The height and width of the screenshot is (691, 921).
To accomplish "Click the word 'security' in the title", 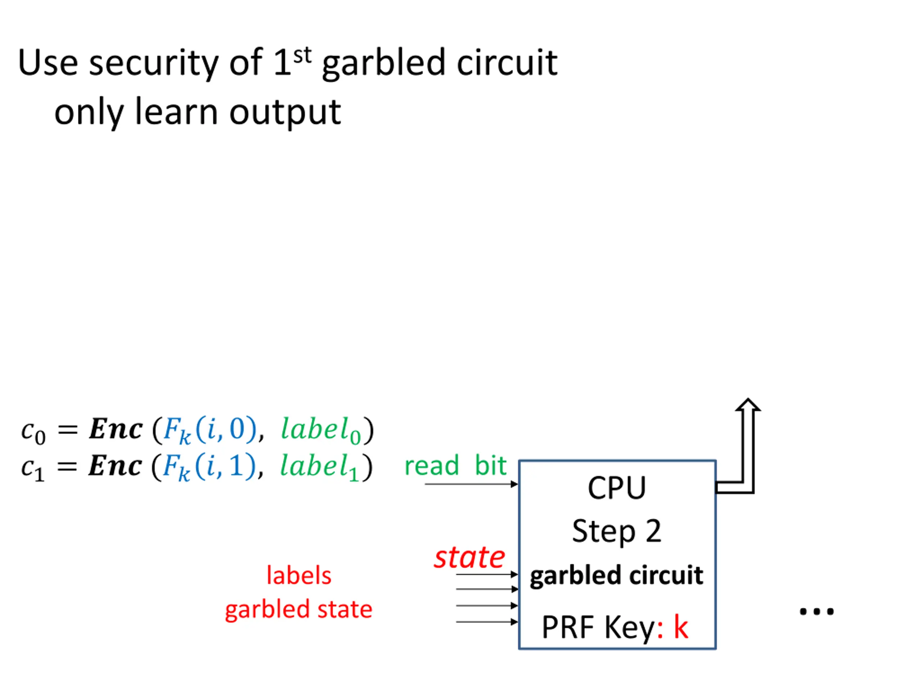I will coord(154,63).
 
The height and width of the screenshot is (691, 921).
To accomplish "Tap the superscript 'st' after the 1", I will coord(302,56).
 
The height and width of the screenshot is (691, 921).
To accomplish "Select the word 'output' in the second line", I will coord(285,112).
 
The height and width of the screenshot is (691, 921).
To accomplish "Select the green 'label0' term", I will coord(321,430).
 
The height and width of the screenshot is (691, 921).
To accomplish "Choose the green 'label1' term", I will coord(320,467).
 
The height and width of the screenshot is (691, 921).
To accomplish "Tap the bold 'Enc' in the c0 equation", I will coord(116,429).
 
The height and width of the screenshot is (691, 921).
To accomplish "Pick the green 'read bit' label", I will coord(455,466).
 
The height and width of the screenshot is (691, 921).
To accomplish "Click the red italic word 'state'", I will coord(469,558).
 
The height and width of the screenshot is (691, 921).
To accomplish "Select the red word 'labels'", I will coord(299,576).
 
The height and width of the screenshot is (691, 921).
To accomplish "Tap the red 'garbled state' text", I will coord(299,610).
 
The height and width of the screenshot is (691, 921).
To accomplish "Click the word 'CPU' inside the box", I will coord(617,488).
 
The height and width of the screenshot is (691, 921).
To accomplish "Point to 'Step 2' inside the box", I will coord(617,532).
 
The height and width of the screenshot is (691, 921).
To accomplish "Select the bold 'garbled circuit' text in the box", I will coord(617,575).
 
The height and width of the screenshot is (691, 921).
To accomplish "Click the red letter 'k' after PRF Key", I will coord(681,627).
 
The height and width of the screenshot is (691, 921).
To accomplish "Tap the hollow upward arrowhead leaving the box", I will coord(748,405).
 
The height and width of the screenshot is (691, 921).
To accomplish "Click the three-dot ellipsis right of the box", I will coord(817,612).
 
